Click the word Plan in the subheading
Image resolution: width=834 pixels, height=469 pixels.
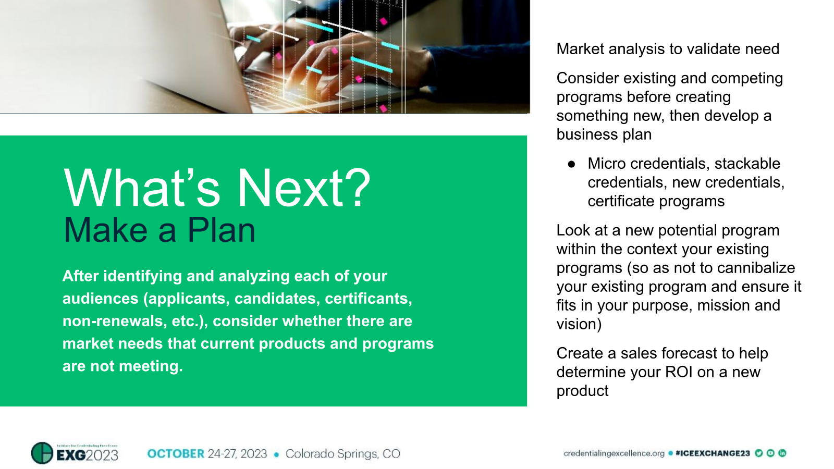click(222, 230)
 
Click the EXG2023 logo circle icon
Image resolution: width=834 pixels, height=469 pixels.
click(42, 453)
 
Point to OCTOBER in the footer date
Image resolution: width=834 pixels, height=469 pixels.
click(176, 453)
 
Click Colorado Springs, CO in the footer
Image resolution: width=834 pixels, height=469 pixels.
click(342, 453)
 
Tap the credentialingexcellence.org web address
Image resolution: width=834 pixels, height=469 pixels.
click(614, 453)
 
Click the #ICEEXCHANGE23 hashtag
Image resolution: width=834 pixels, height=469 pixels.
click(713, 453)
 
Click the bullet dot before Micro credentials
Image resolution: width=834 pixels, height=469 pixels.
click(571, 164)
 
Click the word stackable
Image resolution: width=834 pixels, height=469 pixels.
click(747, 164)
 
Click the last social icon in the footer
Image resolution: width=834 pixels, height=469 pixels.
click(782, 453)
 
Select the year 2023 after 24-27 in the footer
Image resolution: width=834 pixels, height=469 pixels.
click(254, 453)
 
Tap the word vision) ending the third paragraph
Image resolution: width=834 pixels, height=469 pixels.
click(579, 324)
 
